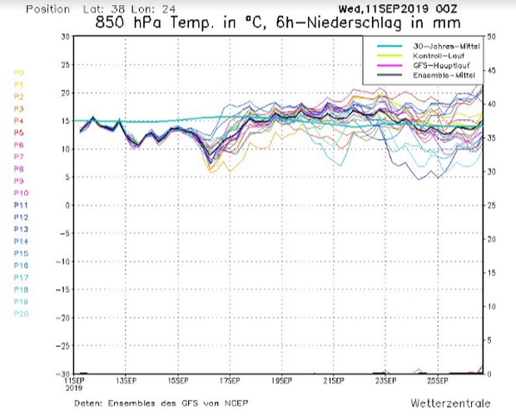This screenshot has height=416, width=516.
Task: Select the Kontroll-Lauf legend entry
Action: (x=435, y=55)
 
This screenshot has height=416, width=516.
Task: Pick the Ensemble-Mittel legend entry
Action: (x=438, y=76)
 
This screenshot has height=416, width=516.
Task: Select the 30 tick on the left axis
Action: (x=64, y=37)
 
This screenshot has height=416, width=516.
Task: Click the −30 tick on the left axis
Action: (x=62, y=374)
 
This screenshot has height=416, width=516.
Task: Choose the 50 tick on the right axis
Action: (x=493, y=37)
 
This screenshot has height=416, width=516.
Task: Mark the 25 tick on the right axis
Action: (x=493, y=206)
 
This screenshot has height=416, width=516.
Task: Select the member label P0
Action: (x=18, y=72)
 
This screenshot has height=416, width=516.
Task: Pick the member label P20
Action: (x=20, y=313)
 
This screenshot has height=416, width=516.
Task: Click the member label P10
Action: (x=20, y=192)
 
